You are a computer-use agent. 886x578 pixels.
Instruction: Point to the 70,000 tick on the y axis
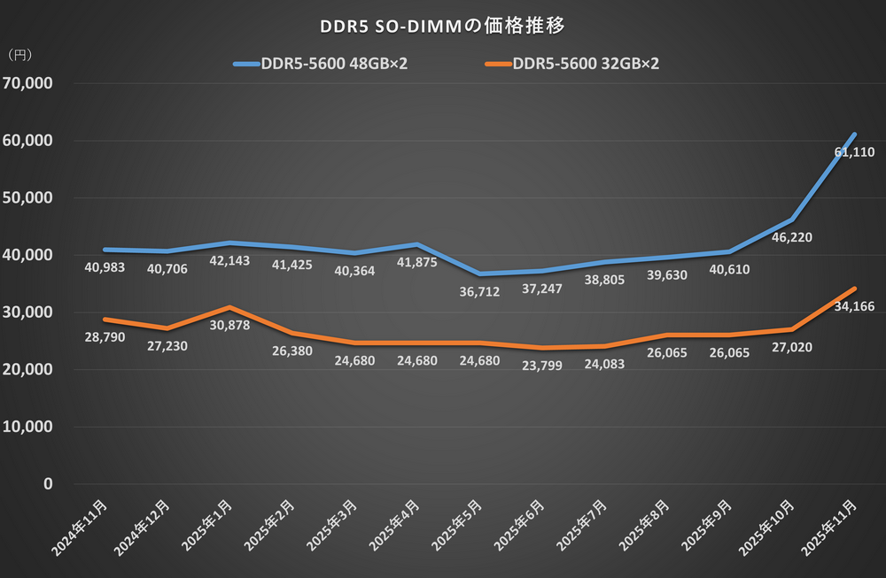(29, 84)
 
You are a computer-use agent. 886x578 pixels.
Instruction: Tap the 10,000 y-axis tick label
(29, 428)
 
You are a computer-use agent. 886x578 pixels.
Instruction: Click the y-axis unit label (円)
(19, 55)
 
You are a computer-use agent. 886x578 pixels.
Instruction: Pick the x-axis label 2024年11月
(82, 528)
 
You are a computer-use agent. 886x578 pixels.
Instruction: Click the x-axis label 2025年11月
(834, 528)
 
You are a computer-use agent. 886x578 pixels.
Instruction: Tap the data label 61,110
(852, 152)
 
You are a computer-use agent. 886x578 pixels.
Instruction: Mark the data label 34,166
(852, 306)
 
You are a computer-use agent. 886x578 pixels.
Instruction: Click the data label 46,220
(791, 237)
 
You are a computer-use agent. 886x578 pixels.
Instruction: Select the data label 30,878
(230, 325)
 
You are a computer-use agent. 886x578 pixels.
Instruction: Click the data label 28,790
(105, 336)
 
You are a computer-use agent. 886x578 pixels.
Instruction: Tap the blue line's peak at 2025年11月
(854, 135)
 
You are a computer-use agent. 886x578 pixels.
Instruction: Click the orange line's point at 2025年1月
(230, 307)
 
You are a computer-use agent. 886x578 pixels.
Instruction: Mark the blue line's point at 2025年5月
(479, 274)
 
